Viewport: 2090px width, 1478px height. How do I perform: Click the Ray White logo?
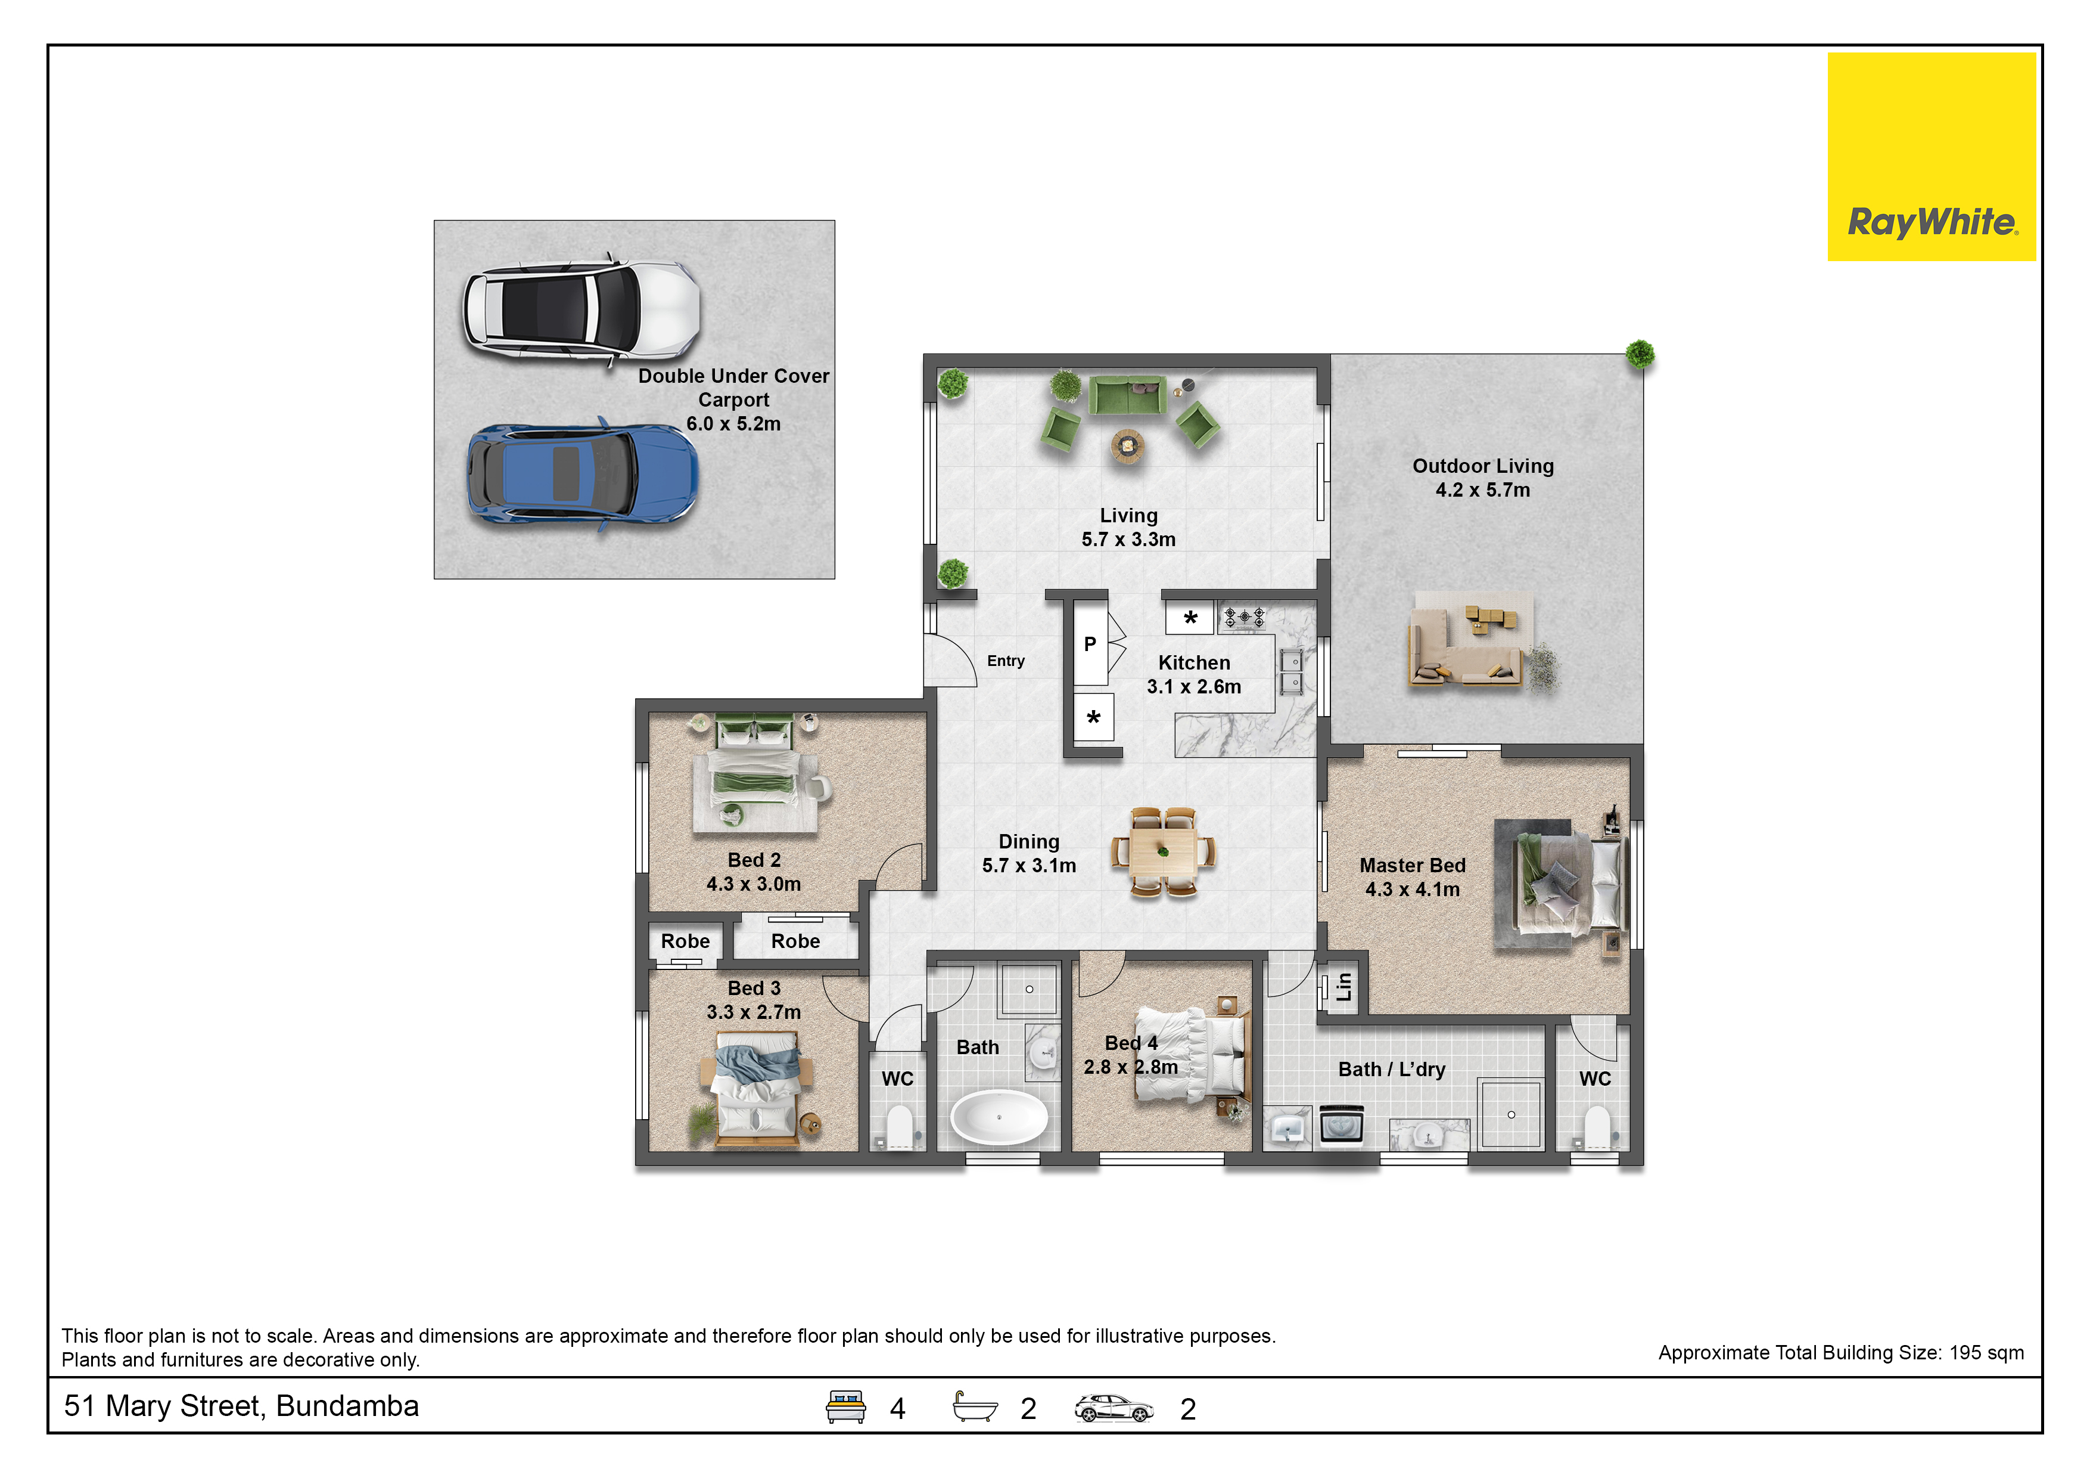[x=1931, y=157]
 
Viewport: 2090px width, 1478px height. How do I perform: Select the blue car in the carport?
[x=583, y=475]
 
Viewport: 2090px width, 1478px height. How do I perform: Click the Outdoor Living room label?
[x=1483, y=466]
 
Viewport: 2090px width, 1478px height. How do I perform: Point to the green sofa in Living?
[x=1128, y=395]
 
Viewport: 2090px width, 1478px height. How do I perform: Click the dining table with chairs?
[x=1164, y=853]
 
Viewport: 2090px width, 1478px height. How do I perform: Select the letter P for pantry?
[x=1090, y=645]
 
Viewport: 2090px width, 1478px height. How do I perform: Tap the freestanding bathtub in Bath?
[x=999, y=1117]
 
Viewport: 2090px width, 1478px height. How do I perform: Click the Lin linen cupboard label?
[x=1343, y=986]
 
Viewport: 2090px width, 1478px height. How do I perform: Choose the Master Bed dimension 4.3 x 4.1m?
[x=1412, y=890]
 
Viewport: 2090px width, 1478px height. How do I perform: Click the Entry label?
[x=1006, y=661]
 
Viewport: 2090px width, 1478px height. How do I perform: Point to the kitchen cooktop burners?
[x=1243, y=618]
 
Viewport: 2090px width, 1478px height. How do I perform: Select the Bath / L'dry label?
[x=1391, y=1070]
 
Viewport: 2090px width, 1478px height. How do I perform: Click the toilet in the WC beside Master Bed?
[x=1597, y=1127]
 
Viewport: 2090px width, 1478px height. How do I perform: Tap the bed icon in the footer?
[x=845, y=1407]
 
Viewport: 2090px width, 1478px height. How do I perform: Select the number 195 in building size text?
[x=1964, y=1353]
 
